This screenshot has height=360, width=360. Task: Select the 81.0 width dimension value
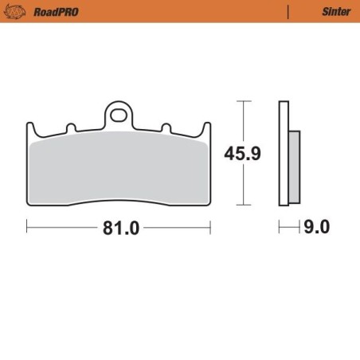[120, 228]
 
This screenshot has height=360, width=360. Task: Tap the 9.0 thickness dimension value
[316, 228]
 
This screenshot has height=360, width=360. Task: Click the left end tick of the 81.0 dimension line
[28, 228]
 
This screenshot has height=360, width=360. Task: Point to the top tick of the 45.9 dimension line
[245, 102]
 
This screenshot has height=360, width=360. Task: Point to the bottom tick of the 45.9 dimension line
[245, 205]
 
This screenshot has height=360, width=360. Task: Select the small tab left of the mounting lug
[70, 127]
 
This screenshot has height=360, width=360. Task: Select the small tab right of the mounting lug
[166, 127]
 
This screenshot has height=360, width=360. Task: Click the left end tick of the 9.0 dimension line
[279, 228]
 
